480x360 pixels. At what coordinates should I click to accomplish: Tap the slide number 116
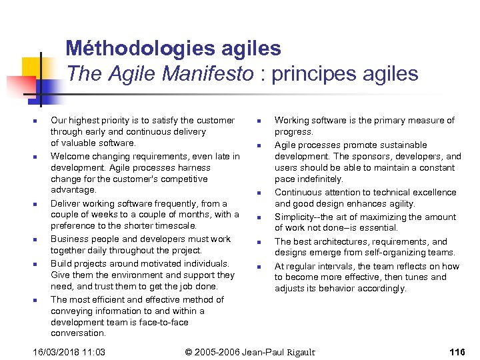coord(457,351)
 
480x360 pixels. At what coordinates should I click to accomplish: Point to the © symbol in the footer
coord(188,351)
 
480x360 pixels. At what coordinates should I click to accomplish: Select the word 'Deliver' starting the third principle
coord(66,203)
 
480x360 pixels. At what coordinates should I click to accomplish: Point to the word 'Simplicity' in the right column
coord(296,217)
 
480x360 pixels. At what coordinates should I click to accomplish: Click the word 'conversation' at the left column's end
coord(78,333)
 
